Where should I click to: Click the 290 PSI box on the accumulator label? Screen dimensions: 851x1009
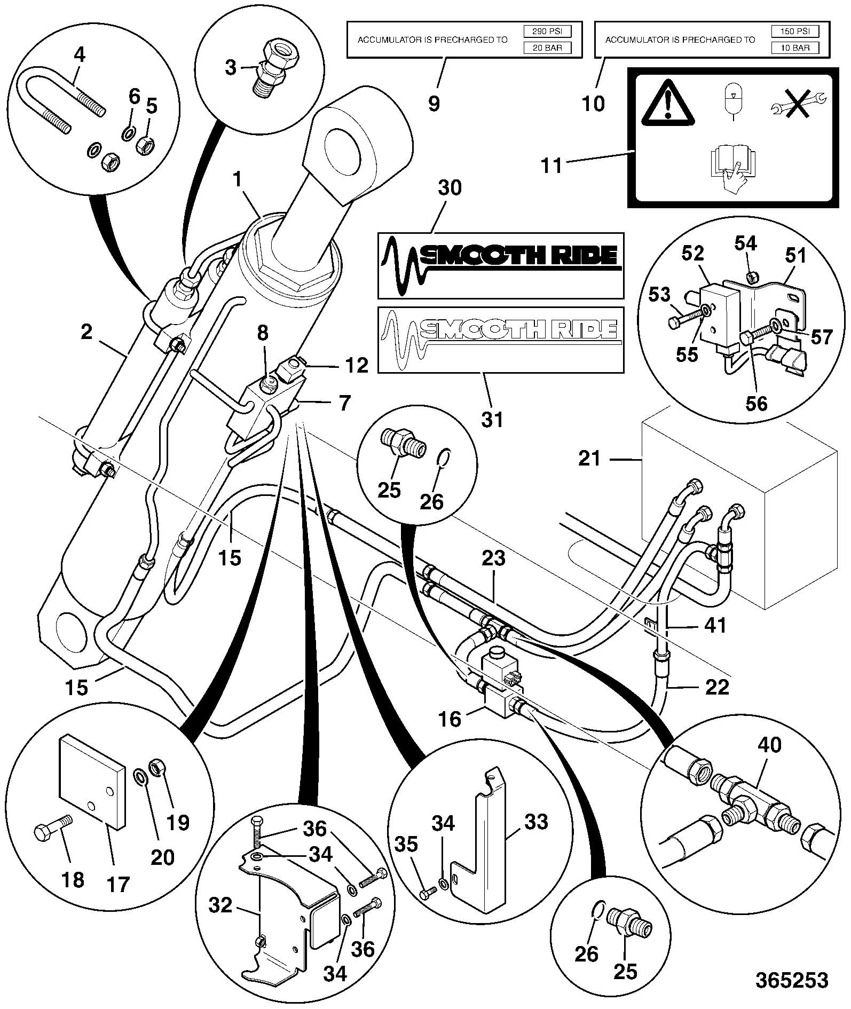547,31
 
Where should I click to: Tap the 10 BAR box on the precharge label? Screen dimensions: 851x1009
794,48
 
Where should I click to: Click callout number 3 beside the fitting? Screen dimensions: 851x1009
230,68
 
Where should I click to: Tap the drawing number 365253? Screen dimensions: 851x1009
792,980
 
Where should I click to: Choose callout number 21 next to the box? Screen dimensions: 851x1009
589,458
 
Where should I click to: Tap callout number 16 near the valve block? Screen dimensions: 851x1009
450,719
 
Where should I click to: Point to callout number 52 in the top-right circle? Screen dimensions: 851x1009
693,253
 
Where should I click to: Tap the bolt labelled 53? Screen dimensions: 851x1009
686,316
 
